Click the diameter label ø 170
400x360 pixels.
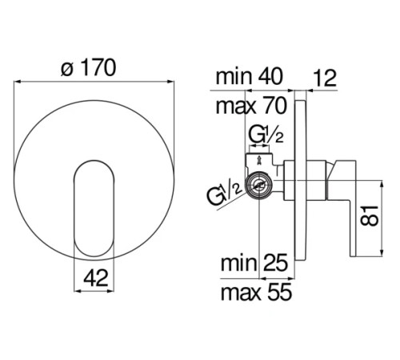pyautogui.click(x=89, y=68)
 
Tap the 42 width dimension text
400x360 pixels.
pyautogui.click(x=96, y=278)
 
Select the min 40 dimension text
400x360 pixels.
pyautogui.click(x=249, y=77)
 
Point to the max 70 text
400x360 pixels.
pyautogui.click(x=251, y=106)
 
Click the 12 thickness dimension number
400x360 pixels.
pyautogui.click(x=324, y=78)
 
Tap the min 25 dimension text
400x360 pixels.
pyautogui.click(x=254, y=262)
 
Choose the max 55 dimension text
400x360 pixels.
pyautogui.click(x=256, y=292)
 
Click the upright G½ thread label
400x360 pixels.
pyautogui.click(x=266, y=135)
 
